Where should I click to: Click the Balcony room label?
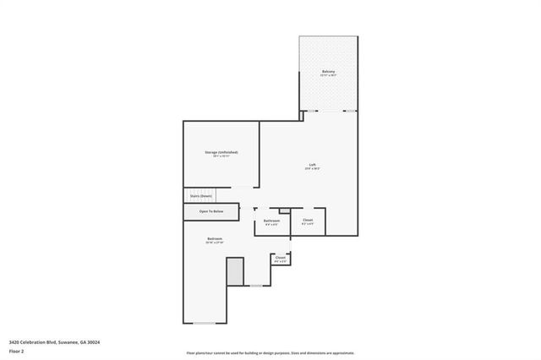pyautogui.click(x=329, y=71)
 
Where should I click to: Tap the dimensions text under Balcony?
pyautogui.click(x=329, y=76)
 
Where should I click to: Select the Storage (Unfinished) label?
pyautogui.click(x=221, y=152)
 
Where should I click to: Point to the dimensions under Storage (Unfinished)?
pyautogui.click(x=221, y=157)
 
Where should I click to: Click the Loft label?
pyautogui.click(x=312, y=164)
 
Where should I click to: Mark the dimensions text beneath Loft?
pyautogui.click(x=312, y=169)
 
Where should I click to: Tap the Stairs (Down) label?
pyautogui.click(x=200, y=195)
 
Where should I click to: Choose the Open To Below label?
pyautogui.click(x=211, y=211)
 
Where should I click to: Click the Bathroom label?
pyautogui.click(x=271, y=221)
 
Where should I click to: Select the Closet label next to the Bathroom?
pyautogui.click(x=308, y=221)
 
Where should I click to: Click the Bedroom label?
pyautogui.click(x=215, y=238)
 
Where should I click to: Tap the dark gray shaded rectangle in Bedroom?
pyautogui.click(x=234, y=272)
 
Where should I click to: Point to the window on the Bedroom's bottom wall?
pyautogui.click(x=204, y=323)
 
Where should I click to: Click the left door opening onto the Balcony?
pyautogui.click(x=312, y=111)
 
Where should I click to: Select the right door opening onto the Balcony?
pyautogui.click(x=349, y=111)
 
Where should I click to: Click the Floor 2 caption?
pyautogui.click(x=17, y=352)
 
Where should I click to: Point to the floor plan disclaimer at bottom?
pyautogui.click(x=270, y=353)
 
